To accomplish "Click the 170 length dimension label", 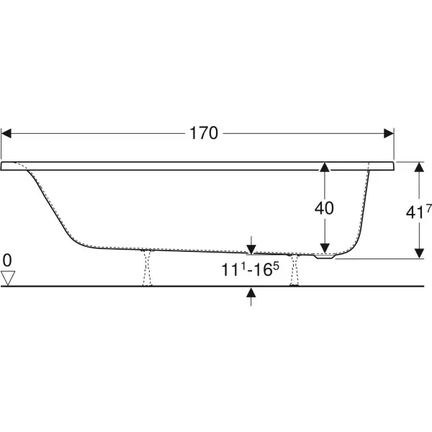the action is click(204, 133).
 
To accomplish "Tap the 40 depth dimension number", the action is click(324, 208).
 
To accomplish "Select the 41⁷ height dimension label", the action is click(418, 212).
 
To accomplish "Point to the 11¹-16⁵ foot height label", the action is click(250, 269).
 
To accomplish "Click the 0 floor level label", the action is click(7, 261).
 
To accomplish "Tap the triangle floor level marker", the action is click(8, 278).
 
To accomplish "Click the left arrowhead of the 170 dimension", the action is click(6, 133).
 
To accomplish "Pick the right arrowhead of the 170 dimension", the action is click(389, 133).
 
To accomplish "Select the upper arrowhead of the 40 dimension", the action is click(325, 167).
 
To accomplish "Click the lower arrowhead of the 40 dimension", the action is click(325, 248).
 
